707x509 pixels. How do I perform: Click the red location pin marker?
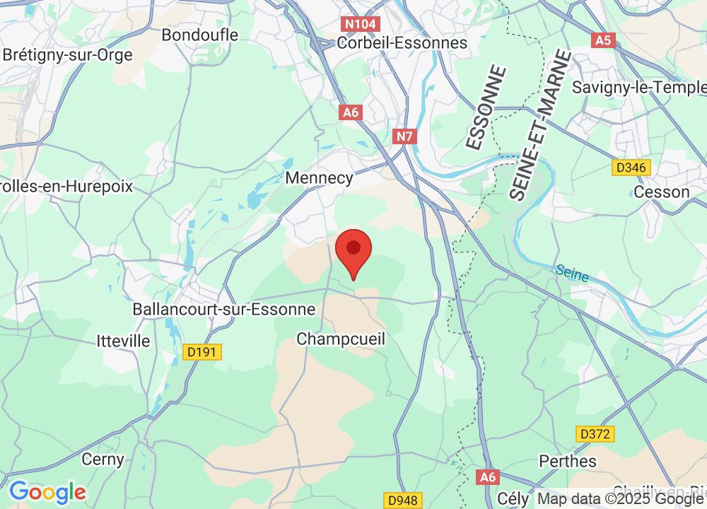[353, 252]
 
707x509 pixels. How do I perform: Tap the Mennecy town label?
[319, 177]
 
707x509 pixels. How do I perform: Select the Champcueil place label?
[341, 339]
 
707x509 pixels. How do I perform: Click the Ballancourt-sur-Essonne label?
[224, 310]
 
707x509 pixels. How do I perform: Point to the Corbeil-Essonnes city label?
[402, 42]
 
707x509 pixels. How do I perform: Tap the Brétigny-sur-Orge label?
[68, 55]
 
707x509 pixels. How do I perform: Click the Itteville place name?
[124, 341]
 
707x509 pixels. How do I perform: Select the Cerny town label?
[103, 460]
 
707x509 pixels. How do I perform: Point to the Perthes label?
[568, 461]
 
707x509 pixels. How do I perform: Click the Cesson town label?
[662, 192]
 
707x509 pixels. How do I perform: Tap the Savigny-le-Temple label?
[639, 87]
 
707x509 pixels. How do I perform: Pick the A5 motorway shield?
[602, 40]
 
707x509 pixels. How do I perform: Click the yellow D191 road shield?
[202, 351]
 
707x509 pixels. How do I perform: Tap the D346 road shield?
[631, 168]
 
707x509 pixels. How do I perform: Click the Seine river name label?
[572, 273]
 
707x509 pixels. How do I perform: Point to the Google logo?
[47, 491]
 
